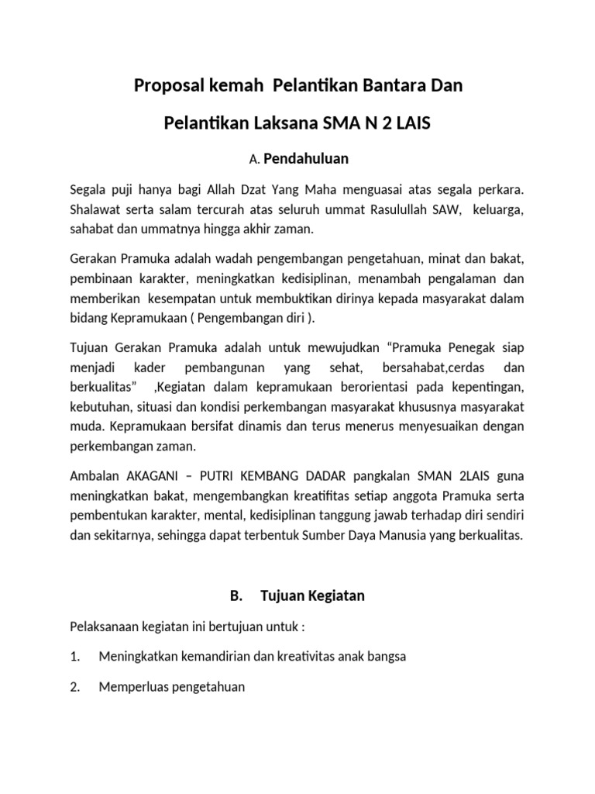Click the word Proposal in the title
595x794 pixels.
point(165,86)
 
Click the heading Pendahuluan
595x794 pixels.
point(306,159)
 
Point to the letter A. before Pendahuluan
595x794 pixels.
point(253,160)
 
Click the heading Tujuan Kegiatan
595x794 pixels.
point(313,596)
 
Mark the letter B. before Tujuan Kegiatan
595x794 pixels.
point(236,596)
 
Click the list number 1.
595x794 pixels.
point(75,657)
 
